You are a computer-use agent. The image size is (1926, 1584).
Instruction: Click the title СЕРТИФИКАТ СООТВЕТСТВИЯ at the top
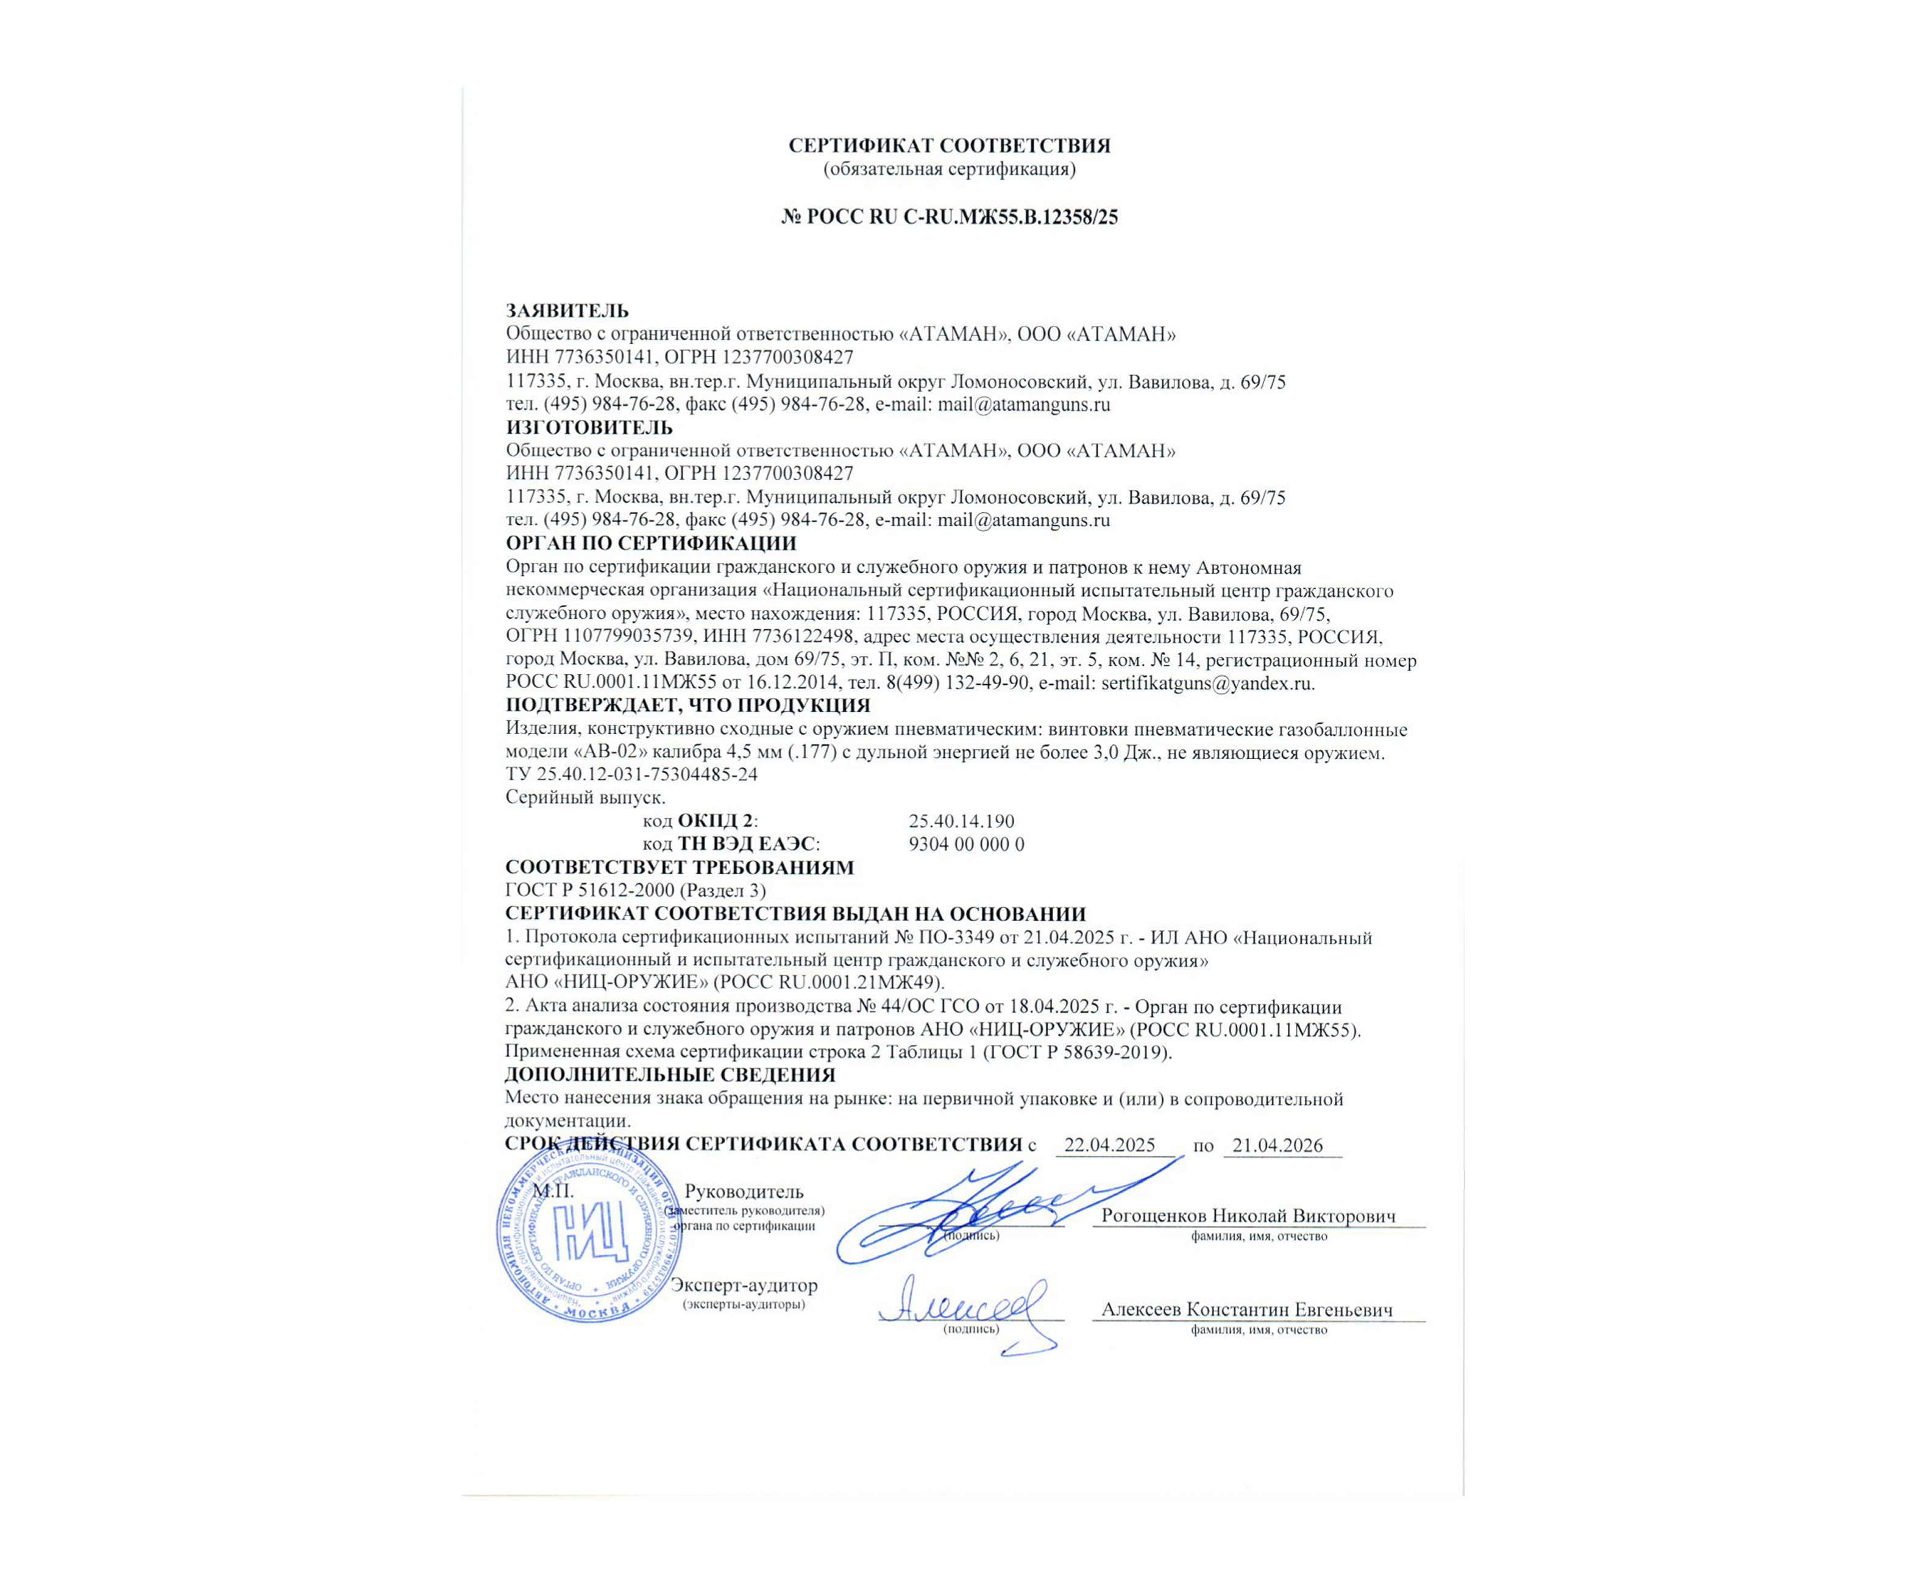click(950, 145)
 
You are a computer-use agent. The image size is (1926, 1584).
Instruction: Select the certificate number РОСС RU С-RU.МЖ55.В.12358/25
click(950, 217)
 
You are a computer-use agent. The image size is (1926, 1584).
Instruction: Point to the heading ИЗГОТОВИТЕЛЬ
click(589, 427)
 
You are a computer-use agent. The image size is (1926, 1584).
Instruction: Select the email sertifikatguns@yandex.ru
click(1207, 684)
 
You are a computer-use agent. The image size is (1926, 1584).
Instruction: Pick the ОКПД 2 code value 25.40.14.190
click(961, 821)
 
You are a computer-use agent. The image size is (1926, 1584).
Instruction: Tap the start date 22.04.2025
click(1110, 1146)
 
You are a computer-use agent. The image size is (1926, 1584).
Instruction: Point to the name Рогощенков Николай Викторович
click(1248, 1216)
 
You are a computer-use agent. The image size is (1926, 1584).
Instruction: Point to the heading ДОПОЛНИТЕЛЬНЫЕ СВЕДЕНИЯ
click(670, 1075)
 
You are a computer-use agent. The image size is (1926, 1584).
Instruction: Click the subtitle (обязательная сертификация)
click(950, 169)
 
